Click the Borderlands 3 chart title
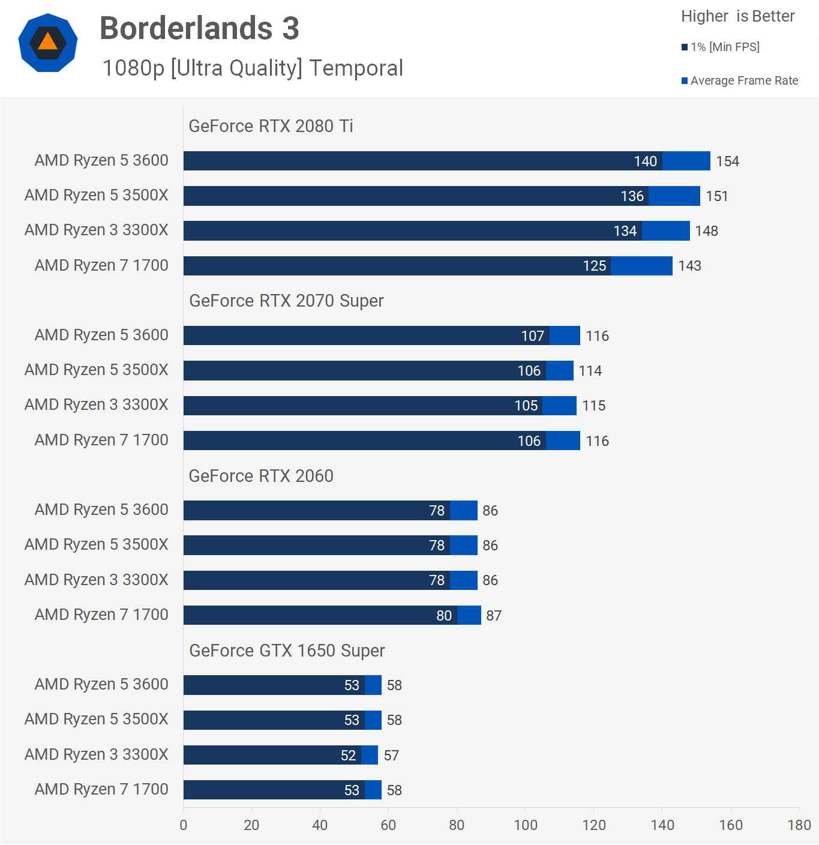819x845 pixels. pyautogui.click(x=199, y=28)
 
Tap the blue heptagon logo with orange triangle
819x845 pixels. pyautogui.click(x=48, y=43)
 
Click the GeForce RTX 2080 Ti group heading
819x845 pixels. pyautogui.click(x=271, y=126)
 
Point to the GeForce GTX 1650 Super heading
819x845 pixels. pyautogui.click(x=287, y=651)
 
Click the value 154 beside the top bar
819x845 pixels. pyautogui.click(x=727, y=161)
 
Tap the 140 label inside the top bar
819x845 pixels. pyautogui.click(x=645, y=161)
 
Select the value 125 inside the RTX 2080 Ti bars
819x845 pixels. pyautogui.click(x=594, y=266)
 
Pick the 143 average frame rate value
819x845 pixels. pyautogui.click(x=689, y=266)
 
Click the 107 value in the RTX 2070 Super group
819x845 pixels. pyautogui.click(x=532, y=336)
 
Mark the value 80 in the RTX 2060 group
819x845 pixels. pyautogui.click(x=444, y=616)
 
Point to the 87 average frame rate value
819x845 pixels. pyautogui.click(x=494, y=616)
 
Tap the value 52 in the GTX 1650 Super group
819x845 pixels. pyautogui.click(x=348, y=756)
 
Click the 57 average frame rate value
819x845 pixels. pyautogui.click(x=391, y=756)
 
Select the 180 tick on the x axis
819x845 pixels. pyautogui.click(x=799, y=825)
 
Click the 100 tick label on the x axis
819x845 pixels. pyautogui.click(x=526, y=825)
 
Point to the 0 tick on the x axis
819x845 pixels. pyautogui.click(x=184, y=825)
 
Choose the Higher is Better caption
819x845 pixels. pyautogui.click(x=737, y=16)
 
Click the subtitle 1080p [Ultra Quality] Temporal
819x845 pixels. pyautogui.click(x=253, y=68)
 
